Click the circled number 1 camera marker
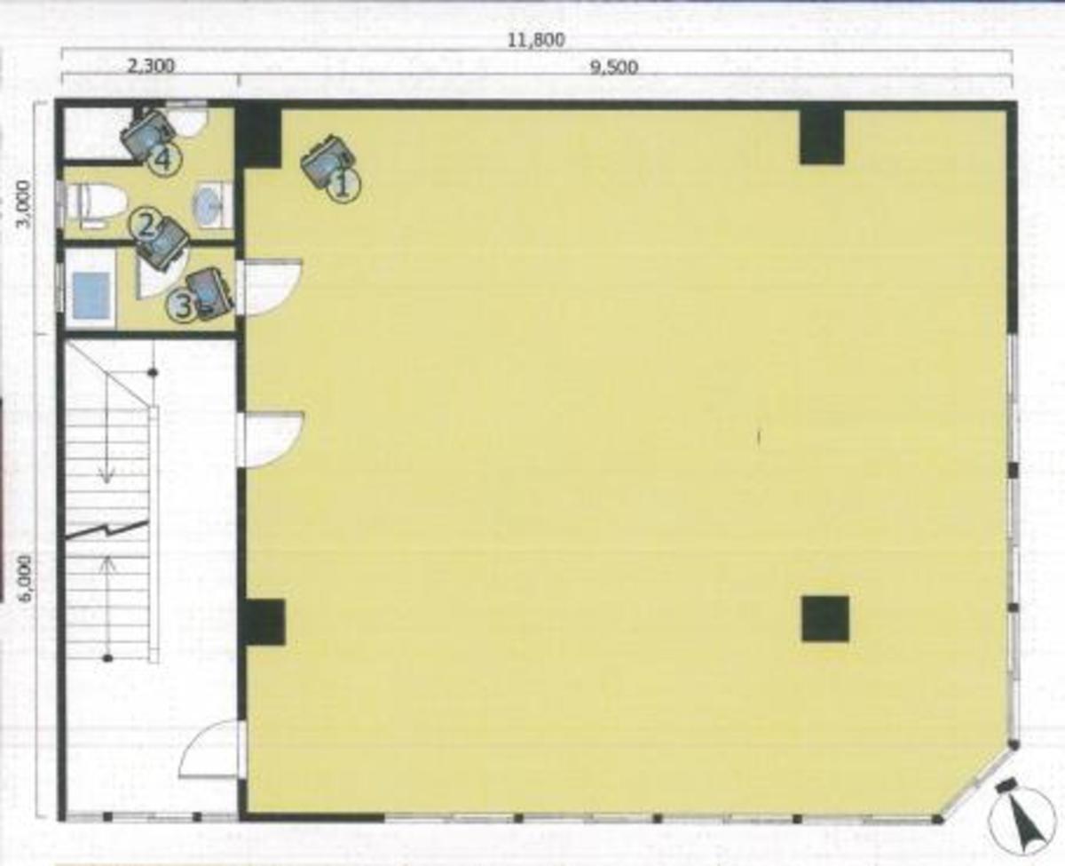tap(343, 186)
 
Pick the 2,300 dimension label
tap(150, 67)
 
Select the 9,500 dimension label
tap(613, 68)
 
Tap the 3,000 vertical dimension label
tap(27, 204)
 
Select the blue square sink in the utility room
tap(91, 296)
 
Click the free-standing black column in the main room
tap(824, 619)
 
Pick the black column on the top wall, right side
tap(821, 136)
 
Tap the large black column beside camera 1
tap(258, 137)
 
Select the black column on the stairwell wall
tap(264, 622)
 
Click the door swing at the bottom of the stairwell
tap(211, 751)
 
